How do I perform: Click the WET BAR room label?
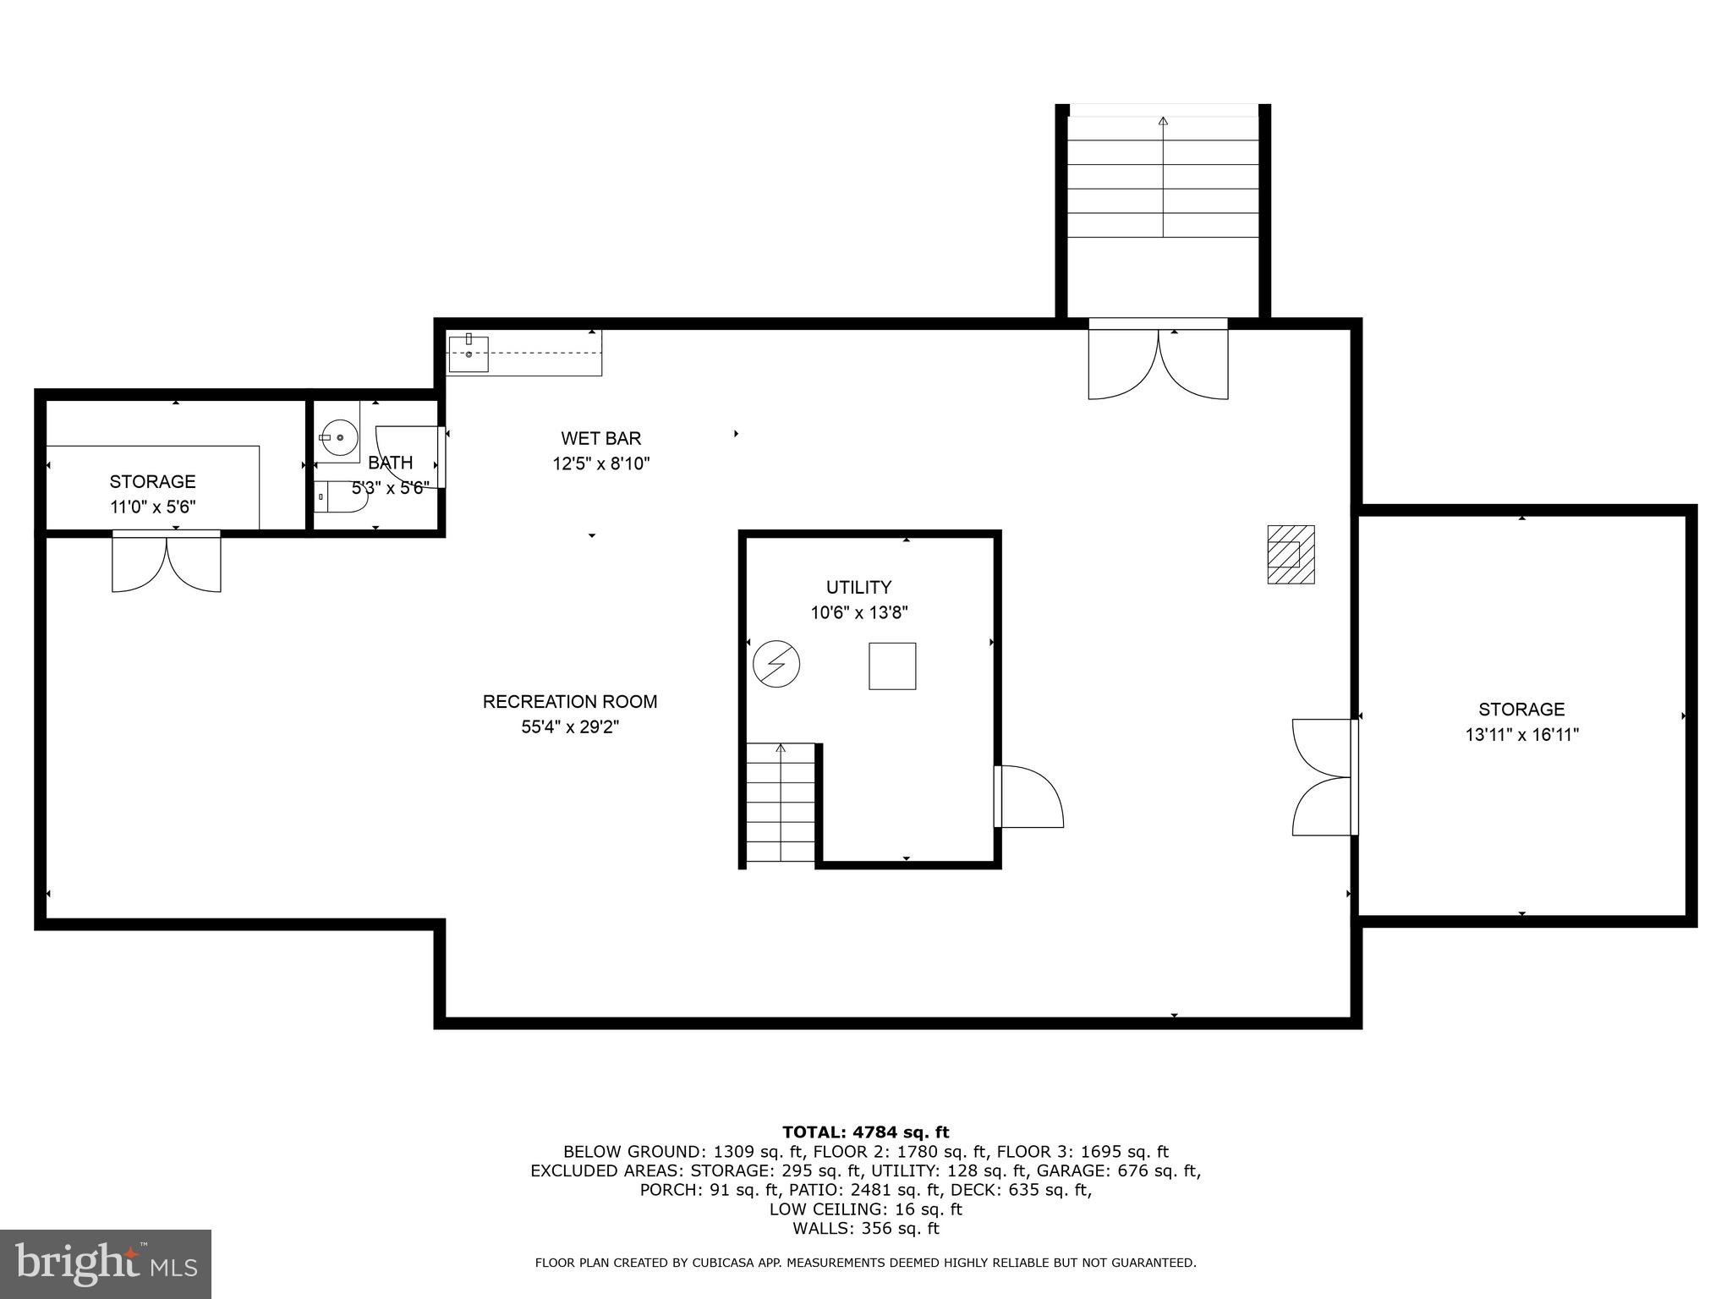point(600,438)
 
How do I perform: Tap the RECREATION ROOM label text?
point(569,701)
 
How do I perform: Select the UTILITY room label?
point(858,587)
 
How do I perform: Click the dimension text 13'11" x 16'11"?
point(1521,735)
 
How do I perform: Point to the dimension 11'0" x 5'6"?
point(152,507)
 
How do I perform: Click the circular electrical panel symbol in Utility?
point(776,664)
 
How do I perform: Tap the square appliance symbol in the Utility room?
point(892,666)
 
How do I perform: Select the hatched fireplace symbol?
point(1291,554)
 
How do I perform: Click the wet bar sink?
point(468,354)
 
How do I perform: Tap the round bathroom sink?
point(338,438)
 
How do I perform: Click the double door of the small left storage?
point(167,562)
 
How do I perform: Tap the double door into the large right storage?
point(1324,776)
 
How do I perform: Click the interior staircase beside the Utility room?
point(780,803)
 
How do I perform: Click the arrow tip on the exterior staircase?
point(1163,121)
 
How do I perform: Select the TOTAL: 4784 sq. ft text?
point(865,1132)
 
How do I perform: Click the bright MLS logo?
point(106,1264)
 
